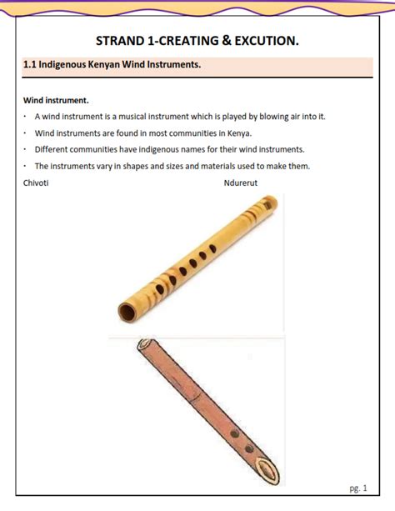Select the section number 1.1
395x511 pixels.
tap(31, 65)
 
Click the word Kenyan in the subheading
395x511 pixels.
tap(112, 65)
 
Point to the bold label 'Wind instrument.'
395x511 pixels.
tap(57, 100)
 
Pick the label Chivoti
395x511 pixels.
tap(36, 183)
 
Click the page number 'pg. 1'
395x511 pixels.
tap(358, 488)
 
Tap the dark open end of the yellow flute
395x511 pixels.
tap(128, 311)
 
